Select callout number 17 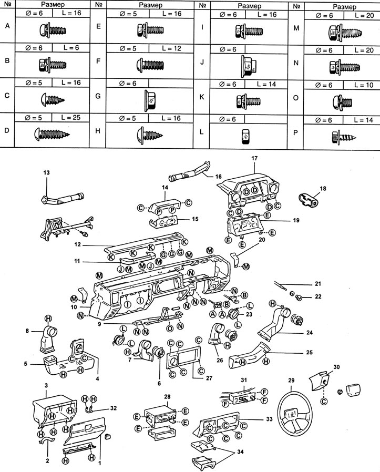[x=254, y=158]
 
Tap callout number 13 [x=46, y=173]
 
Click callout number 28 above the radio [x=167, y=395]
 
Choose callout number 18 [x=323, y=188]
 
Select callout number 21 [x=317, y=284]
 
